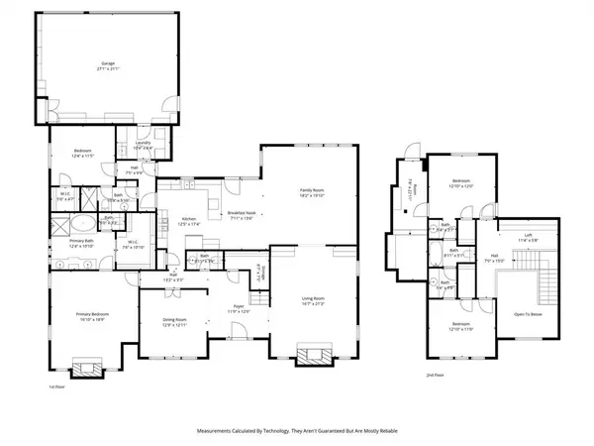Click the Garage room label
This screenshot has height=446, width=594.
coord(106,66)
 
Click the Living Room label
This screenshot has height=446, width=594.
coord(313,300)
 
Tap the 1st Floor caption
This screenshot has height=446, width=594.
coord(58,387)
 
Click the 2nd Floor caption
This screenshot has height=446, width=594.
coord(434,376)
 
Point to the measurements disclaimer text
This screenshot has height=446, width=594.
coord(296,432)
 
